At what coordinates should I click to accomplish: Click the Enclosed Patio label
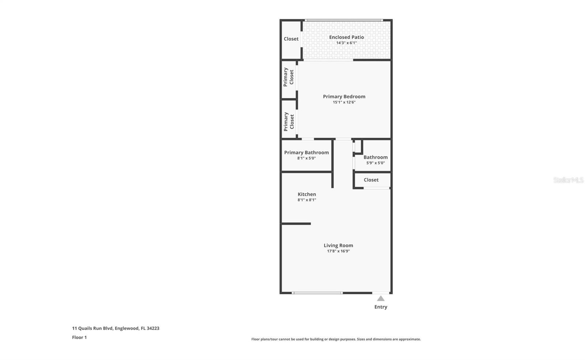tap(346, 37)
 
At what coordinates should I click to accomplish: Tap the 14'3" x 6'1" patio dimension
tap(346, 43)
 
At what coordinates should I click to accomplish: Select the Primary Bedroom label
tap(344, 96)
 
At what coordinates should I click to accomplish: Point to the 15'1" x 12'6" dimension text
tap(344, 102)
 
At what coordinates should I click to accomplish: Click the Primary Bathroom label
tap(306, 152)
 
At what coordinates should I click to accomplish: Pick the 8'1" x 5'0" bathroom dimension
tap(306, 158)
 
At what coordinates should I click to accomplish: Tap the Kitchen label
tap(307, 194)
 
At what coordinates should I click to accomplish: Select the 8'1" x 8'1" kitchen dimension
tap(307, 200)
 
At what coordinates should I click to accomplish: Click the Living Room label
tap(338, 245)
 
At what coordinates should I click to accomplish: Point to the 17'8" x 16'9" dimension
tap(338, 251)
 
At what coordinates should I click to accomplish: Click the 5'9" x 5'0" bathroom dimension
tap(375, 163)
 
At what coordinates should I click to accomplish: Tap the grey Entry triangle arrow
tap(381, 298)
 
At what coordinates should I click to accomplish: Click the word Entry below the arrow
tap(381, 307)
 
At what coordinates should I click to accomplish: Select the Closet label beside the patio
tap(291, 39)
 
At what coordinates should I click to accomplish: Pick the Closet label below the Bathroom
tap(371, 180)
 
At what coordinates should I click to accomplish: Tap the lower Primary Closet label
tap(288, 122)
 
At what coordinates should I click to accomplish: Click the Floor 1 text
tap(79, 337)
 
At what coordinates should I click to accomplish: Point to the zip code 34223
tap(153, 329)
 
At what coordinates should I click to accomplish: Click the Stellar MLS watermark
tap(568, 180)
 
